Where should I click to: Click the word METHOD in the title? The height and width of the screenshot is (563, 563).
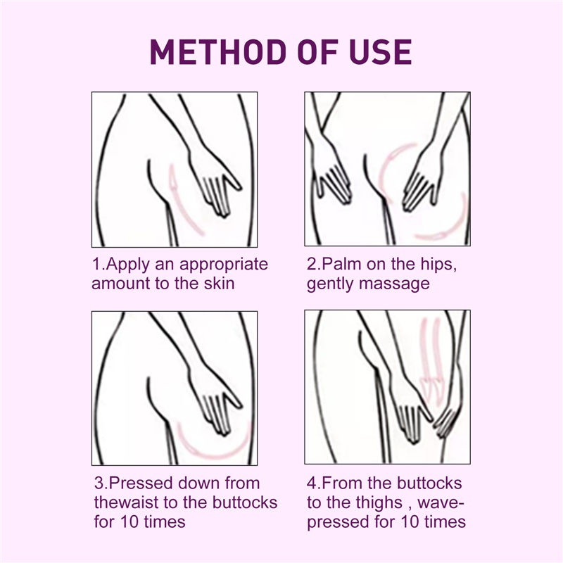[218, 52]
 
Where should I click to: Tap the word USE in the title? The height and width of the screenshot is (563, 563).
[380, 52]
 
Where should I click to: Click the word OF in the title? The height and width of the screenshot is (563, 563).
[318, 52]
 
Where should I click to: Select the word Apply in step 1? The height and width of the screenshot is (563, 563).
[127, 265]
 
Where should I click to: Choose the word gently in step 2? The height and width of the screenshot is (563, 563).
[330, 284]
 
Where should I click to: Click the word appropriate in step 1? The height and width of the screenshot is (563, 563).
[223, 265]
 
